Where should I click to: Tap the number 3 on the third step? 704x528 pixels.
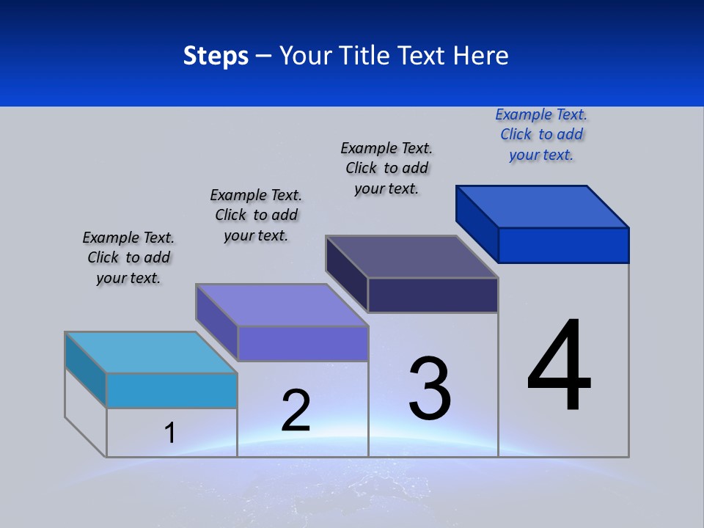(x=430, y=388)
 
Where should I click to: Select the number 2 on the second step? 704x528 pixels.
(x=296, y=410)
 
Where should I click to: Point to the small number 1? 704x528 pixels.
(x=169, y=433)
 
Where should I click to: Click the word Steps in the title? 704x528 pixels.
(x=216, y=56)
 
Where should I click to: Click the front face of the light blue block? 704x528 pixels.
(x=172, y=390)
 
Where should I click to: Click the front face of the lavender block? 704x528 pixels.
(x=302, y=343)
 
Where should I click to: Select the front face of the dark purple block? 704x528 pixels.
(x=433, y=295)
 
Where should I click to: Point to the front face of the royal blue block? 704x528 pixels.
(x=563, y=245)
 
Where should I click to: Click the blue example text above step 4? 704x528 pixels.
(x=541, y=134)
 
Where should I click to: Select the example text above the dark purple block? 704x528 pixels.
(x=386, y=168)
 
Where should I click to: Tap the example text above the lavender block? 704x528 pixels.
(x=256, y=215)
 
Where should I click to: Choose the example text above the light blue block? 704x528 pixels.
(x=128, y=257)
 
